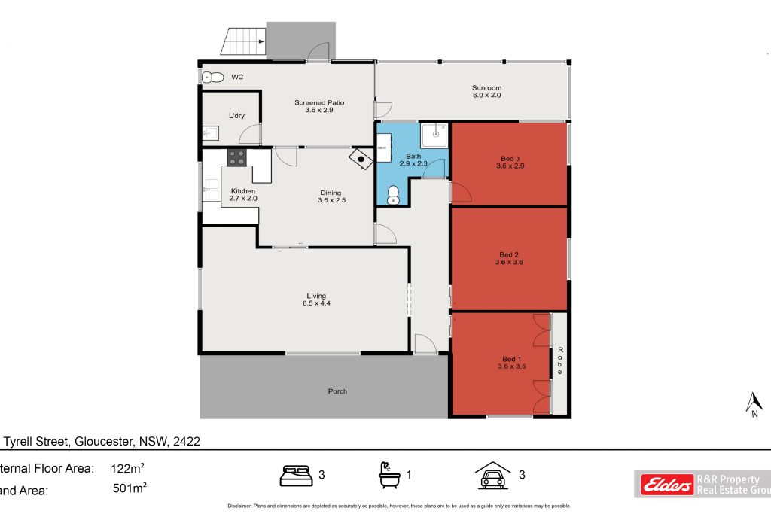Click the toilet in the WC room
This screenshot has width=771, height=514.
pyautogui.click(x=213, y=77)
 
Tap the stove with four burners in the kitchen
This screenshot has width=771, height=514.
pyautogui.click(x=237, y=157)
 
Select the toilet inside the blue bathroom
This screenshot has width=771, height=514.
pyautogui.click(x=392, y=196)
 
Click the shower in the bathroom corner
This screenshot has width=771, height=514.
pyautogui.click(x=434, y=135)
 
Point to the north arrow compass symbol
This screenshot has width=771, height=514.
pyautogui.click(x=751, y=403)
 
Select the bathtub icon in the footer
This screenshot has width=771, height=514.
pyautogui.click(x=390, y=475)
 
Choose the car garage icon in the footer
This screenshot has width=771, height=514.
pyautogui.click(x=492, y=475)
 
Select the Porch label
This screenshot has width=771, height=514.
pyautogui.click(x=337, y=391)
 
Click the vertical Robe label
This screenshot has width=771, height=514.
pyautogui.click(x=559, y=362)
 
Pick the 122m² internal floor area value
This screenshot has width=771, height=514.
pyautogui.click(x=128, y=469)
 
